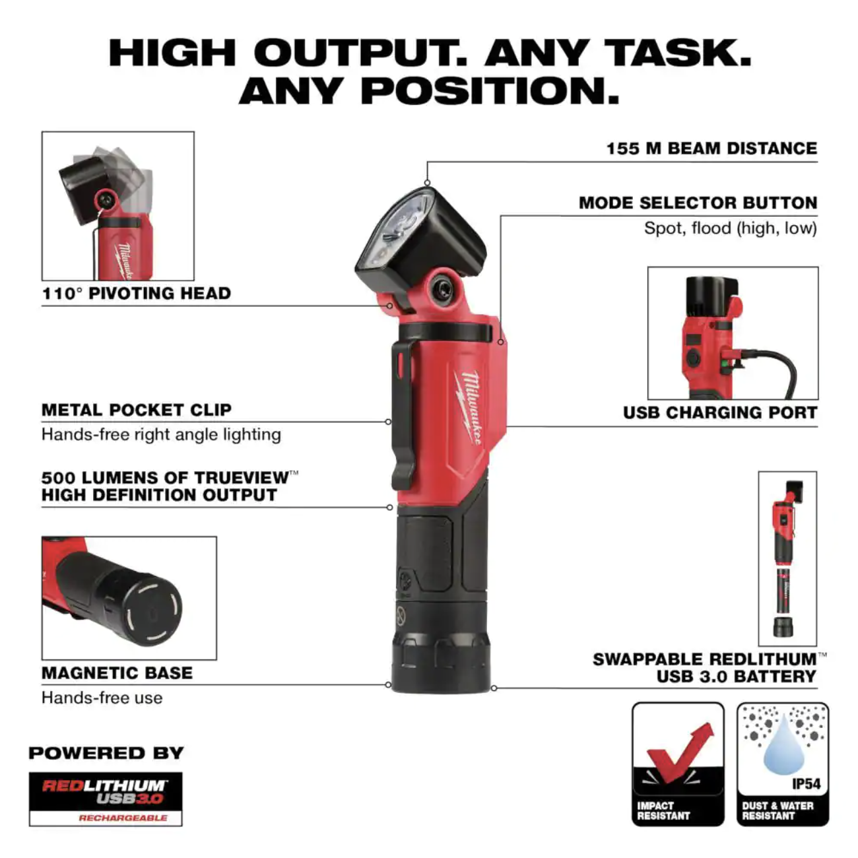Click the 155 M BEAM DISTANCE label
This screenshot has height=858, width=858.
click(x=711, y=148)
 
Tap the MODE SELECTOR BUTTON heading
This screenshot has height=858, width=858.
click(x=698, y=203)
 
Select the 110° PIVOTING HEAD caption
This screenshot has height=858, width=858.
click(x=136, y=294)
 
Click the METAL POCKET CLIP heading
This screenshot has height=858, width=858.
click(x=137, y=410)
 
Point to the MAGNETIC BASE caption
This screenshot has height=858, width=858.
click(x=117, y=673)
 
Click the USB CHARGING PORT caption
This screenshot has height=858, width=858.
click(x=720, y=412)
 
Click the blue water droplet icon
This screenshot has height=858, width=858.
click(x=783, y=752)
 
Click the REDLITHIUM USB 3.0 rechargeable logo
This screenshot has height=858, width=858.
click(x=106, y=799)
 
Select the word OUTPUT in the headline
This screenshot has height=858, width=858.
click(x=359, y=53)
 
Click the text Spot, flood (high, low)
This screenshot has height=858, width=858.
click(x=731, y=228)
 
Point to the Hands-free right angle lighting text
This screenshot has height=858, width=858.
click(x=161, y=434)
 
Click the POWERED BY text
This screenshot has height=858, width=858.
click(x=106, y=753)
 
